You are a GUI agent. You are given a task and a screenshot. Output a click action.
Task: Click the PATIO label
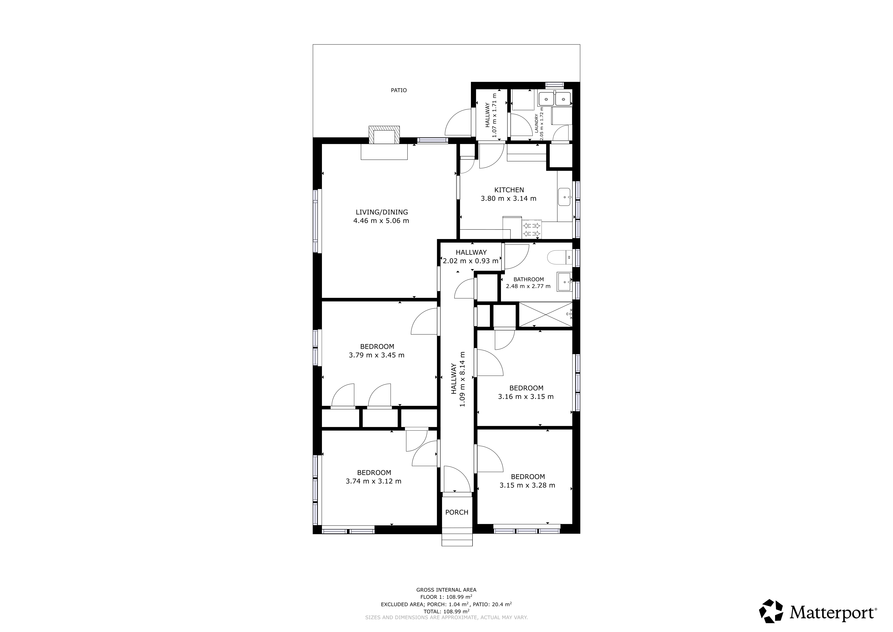pyautogui.click(x=399, y=90)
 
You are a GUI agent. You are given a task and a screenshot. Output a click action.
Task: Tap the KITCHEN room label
pyautogui.click(x=509, y=190)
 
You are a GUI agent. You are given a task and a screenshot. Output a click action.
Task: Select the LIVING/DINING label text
pyautogui.click(x=382, y=212)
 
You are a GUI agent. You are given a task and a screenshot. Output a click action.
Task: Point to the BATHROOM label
pyautogui.click(x=528, y=279)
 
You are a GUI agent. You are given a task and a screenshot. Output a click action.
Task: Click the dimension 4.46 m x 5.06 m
pyautogui.click(x=381, y=221)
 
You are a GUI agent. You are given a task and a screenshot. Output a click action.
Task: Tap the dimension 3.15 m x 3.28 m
pyautogui.click(x=527, y=485)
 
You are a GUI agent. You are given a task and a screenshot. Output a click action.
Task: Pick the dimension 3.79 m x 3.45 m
pyautogui.click(x=377, y=355)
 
